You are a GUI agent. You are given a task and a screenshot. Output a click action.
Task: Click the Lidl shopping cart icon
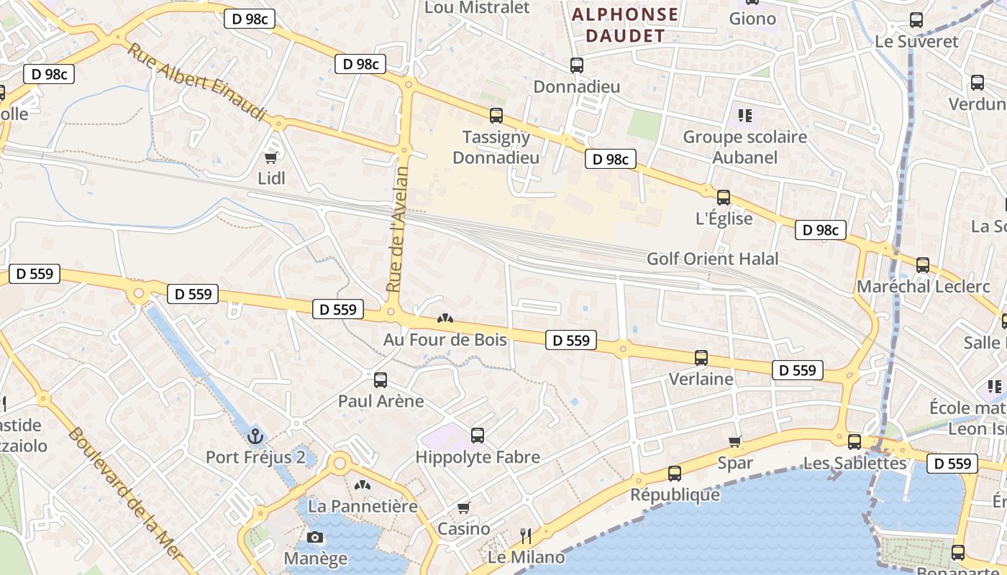point(271,157)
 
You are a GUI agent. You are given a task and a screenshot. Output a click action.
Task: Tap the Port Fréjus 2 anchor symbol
point(255,436)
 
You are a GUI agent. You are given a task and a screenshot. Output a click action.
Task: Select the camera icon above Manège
point(314,537)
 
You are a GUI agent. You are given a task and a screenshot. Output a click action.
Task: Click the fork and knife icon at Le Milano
point(526,535)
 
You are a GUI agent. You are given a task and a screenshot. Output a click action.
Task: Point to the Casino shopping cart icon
point(464,508)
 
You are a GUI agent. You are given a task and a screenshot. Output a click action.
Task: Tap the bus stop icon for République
point(674,473)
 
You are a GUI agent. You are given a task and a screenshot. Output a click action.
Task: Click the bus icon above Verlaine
point(701,357)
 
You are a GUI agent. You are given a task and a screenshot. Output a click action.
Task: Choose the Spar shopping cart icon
point(734,441)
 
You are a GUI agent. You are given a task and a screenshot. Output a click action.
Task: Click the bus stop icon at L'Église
point(724,197)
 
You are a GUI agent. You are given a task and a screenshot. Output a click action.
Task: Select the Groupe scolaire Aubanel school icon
point(744,115)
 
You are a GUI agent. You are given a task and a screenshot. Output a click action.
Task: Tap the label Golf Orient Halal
point(712,259)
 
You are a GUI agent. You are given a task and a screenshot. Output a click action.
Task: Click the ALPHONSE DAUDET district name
point(624,25)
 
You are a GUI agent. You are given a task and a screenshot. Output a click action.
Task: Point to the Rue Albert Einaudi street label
point(196,81)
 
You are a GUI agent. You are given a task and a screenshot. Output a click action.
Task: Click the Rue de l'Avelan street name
point(397,229)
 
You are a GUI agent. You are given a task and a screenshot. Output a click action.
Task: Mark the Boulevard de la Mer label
point(127,496)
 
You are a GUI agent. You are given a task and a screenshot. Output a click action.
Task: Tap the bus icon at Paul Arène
point(381,379)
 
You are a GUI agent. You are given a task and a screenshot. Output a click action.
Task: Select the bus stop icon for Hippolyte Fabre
point(478,435)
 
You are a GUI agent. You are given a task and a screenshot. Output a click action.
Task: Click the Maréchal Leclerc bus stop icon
point(923,265)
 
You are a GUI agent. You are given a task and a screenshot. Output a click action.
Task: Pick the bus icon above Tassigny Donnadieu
point(496,115)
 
